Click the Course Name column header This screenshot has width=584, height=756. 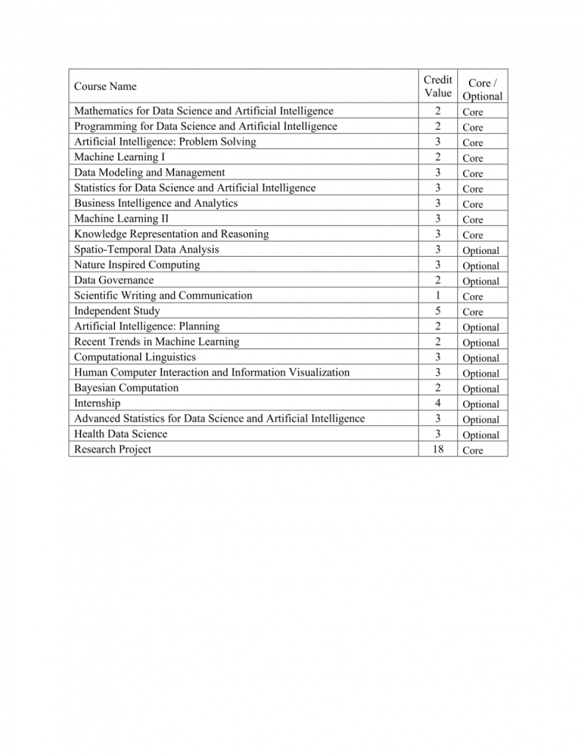pos(105,86)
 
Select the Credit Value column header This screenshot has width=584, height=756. pos(438,86)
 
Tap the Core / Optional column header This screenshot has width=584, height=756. pos(482,89)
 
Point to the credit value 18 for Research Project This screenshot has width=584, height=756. pos(438,450)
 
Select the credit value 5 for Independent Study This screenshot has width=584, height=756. pos(438,312)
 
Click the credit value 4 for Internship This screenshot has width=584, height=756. pos(438,404)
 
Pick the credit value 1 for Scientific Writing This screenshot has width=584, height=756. pos(438,296)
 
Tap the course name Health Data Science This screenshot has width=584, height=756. pos(121,434)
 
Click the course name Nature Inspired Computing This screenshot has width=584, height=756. pos(137,265)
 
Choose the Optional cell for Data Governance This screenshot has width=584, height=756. pos(481,281)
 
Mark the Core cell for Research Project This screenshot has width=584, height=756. pos(473,450)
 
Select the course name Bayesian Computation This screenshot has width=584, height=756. pos(126,388)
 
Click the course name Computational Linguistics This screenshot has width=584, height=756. pos(135,357)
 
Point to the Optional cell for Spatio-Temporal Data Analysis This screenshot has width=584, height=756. pos(481,250)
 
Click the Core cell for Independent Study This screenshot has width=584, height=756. pos(473,312)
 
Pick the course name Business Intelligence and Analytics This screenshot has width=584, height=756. pos(156,203)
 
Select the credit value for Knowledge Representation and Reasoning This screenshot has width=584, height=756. pos(438,234)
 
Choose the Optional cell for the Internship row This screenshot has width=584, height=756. pos(481,405)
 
